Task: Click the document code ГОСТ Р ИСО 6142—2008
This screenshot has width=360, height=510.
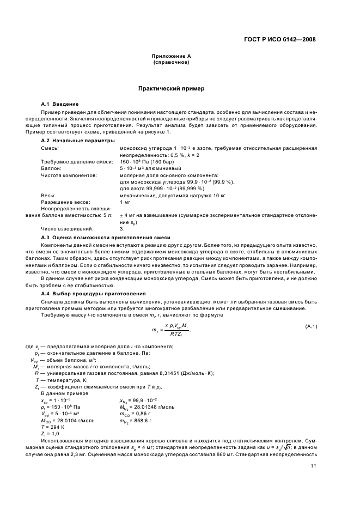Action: [x=280, y=39]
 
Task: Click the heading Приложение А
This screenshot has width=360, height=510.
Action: [x=171, y=57]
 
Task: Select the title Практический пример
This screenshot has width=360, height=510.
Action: [x=171, y=88]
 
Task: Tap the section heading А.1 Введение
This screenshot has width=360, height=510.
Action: [x=60, y=104]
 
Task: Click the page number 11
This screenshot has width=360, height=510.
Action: [x=313, y=465]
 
